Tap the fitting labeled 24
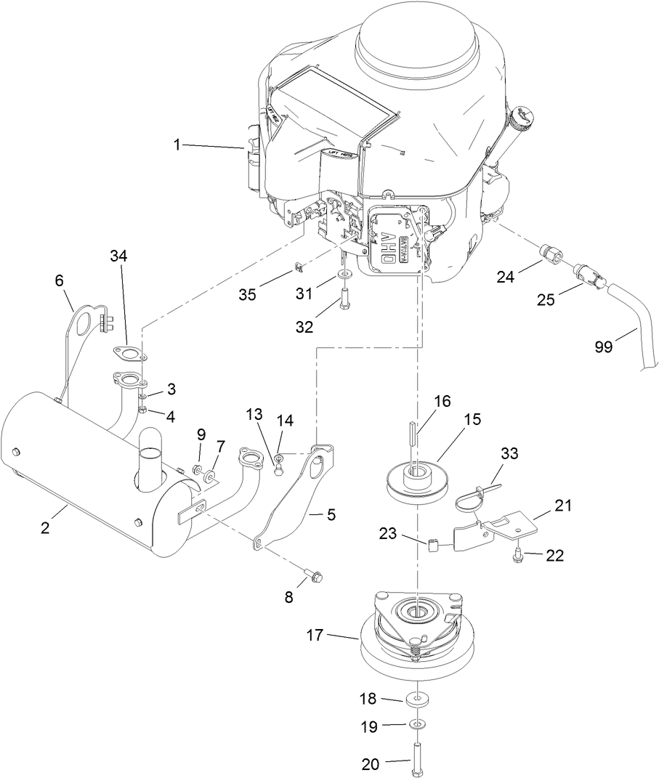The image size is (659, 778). tap(551, 256)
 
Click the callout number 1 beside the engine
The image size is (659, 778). tap(176, 145)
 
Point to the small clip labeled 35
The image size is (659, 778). tap(297, 270)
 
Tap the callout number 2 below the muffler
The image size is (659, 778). tap(45, 528)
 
